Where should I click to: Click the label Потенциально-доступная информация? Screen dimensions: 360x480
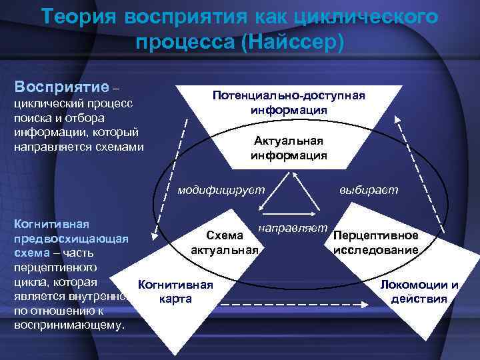point(289,102)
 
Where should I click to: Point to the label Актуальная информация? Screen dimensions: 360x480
point(289,147)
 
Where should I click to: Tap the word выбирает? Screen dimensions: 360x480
point(368,190)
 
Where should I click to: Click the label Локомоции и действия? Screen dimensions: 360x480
point(419,291)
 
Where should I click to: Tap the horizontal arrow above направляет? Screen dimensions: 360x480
point(291,215)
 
